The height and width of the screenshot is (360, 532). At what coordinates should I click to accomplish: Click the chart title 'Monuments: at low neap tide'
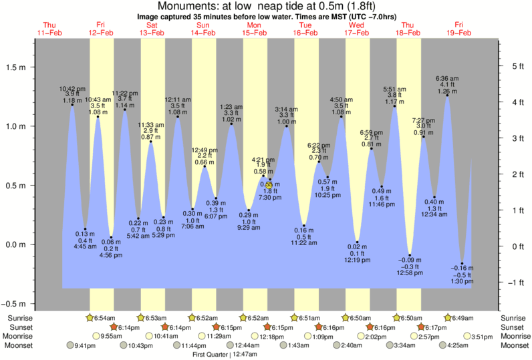coord(265,6)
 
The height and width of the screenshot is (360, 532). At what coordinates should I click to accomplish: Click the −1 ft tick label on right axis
coord(513,283)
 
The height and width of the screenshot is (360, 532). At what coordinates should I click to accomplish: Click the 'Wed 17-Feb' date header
coord(356,28)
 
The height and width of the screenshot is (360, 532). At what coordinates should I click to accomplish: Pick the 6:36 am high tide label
coord(447,79)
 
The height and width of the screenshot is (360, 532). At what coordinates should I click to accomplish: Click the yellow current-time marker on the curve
coord(269,185)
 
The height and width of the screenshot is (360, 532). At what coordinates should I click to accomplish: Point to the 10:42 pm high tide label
coord(72,89)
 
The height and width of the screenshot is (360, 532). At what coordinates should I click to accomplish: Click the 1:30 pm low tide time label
coord(461,281)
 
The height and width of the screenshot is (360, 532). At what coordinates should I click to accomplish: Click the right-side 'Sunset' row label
coord(513,327)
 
